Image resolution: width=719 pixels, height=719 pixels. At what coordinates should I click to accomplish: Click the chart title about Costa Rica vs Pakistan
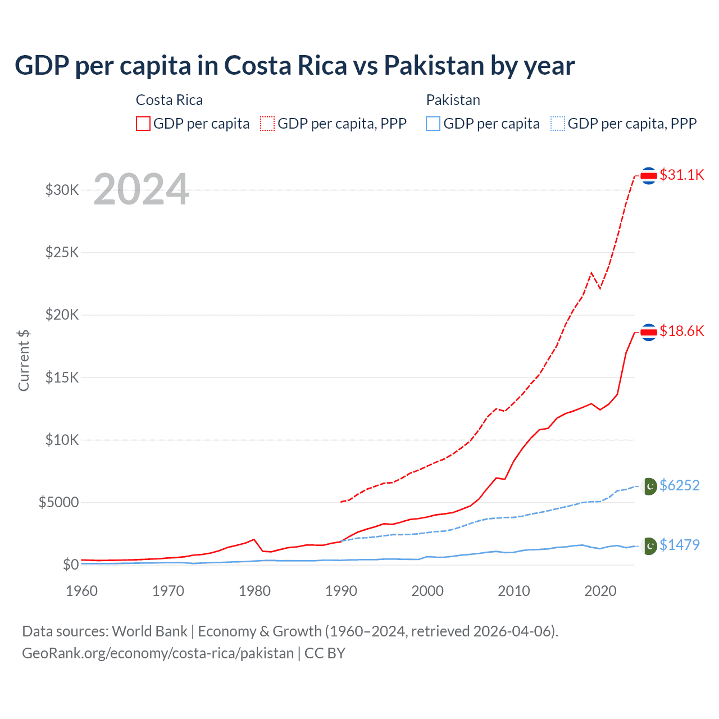[x=294, y=65]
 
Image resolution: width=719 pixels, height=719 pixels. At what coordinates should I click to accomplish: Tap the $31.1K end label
[x=681, y=175]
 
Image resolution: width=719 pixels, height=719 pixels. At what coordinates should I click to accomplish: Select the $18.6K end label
[x=681, y=331]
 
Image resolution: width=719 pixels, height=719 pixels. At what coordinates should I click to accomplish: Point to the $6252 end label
[x=679, y=485]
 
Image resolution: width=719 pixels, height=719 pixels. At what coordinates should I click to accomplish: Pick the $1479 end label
[x=679, y=545]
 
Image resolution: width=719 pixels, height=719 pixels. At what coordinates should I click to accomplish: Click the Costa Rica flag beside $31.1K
[x=649, y=176]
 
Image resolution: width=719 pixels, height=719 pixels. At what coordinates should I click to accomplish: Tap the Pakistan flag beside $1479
[x=649, y=545]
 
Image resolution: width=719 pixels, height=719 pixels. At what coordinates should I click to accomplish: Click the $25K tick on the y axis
[x=62, y=252]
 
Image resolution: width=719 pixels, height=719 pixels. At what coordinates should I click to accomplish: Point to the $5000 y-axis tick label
[x=58, y=502]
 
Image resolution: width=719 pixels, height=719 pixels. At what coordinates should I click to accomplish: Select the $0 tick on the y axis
[x=70, y=565]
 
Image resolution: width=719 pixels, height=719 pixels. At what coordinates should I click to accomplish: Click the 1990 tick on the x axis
[x=341, y=591]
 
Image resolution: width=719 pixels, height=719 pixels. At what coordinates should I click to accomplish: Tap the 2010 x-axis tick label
[x=514, y=591]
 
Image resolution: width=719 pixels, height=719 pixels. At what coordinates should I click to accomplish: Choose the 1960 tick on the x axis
[x=82, y=591]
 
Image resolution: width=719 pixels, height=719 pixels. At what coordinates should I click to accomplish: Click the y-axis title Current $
[x=24, y=360]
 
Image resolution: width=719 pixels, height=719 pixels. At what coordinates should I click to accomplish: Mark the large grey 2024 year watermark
[x=141, y=189]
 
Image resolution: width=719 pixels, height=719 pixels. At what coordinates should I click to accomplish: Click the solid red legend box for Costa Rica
[x=143, y=124]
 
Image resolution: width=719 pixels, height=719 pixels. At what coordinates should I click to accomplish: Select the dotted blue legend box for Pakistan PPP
[x=558, y=124]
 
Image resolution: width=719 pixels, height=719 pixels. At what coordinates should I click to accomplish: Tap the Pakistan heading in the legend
[x=453, y=100]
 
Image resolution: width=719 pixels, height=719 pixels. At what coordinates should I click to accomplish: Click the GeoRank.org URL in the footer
[x=158, y=653]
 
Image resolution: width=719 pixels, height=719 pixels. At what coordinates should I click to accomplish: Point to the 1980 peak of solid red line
[x=254, y=539]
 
